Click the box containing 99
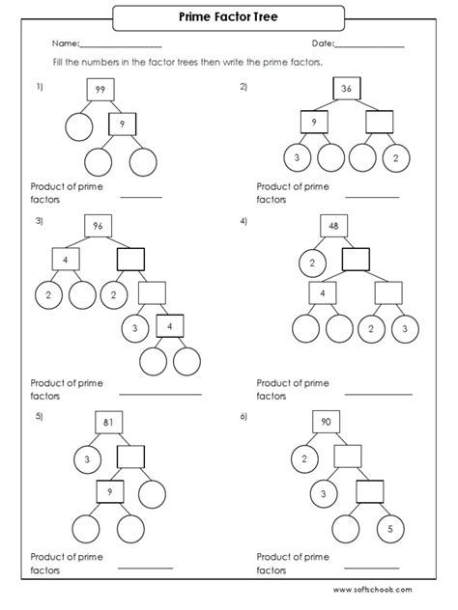click(x=100, y=90)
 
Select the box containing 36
click(x=347, y=89)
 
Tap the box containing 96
click(x=98, y=227)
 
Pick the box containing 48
click(x=333, y=226)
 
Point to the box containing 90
click(x=326, y=423)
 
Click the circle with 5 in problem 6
click(x=388, y=528)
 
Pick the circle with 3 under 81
click(x=89, y=459)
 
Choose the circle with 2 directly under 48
click(x=312, y=262)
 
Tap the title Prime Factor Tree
click(x=230, y=16)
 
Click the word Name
click(x=64, y=44)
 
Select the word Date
click(x=322, y=44)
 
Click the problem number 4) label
click(x=243, y=221)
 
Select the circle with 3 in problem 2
click(x=297, y=158)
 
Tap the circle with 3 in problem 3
click(x=133, y=329)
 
